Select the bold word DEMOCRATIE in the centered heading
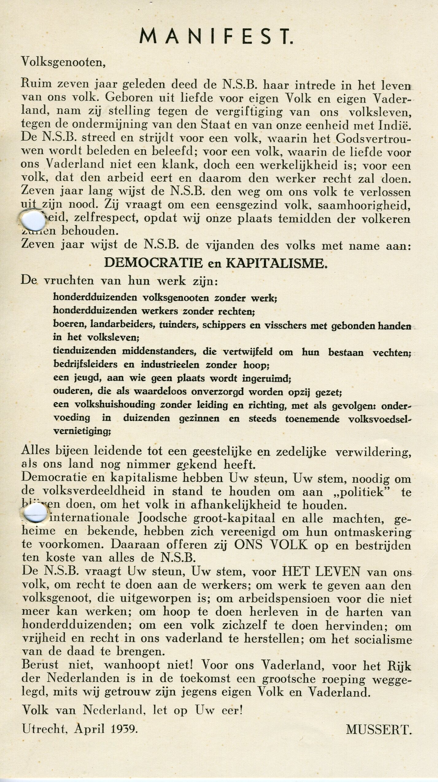(153, 263)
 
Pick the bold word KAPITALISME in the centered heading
(275, 263)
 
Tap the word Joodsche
(162, 519)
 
